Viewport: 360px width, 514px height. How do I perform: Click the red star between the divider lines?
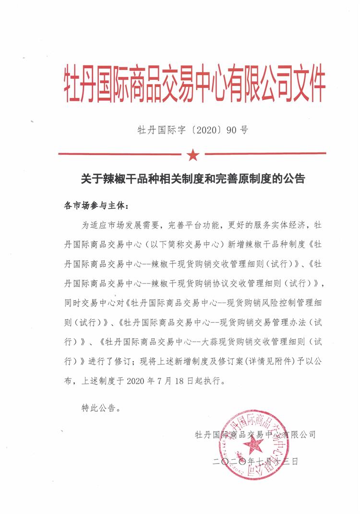pyautogui.click(x=192, y=155)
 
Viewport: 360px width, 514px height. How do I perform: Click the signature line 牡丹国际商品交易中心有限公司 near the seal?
pyautogui.click(x=255, y=435)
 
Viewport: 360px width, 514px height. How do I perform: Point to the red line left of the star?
pyautogui.click(x=120, y=154)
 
